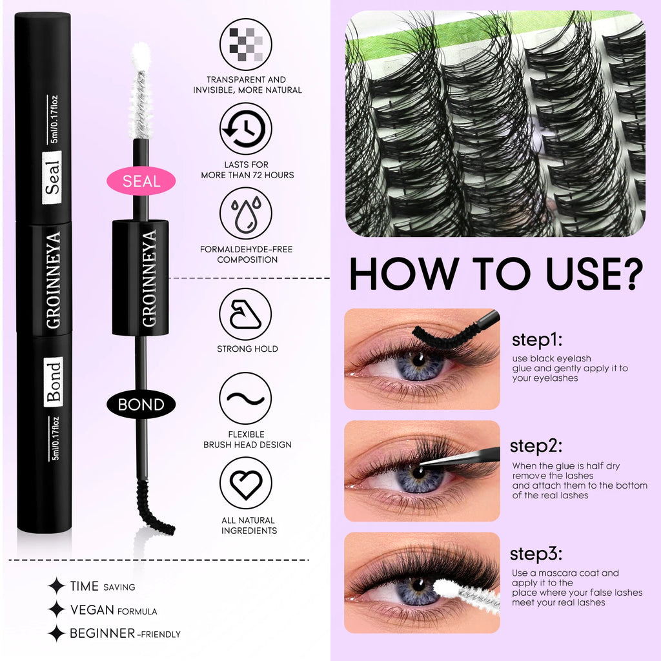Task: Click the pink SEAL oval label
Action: pyautogui.click(x=141, y=181)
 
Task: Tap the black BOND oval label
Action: pyautogui.click(x=141, y=405)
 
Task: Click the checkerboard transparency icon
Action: pyautogui.click(x=246, y=45)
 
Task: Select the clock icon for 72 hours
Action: pyautogui.click(x=246, y=129)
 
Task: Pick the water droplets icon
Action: pyautogui.click(x=246, y=214)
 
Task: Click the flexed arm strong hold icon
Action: pyautogui.click(x=246, y=314)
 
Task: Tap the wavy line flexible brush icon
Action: pyautogui.click(x=246, y=398)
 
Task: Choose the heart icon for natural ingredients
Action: pyautogui.click(x=246, y=483)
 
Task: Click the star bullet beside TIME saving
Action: pyautogui.click(x=57, y=586)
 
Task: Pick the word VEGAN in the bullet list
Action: pyautogui.click(x=92, y=610)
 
